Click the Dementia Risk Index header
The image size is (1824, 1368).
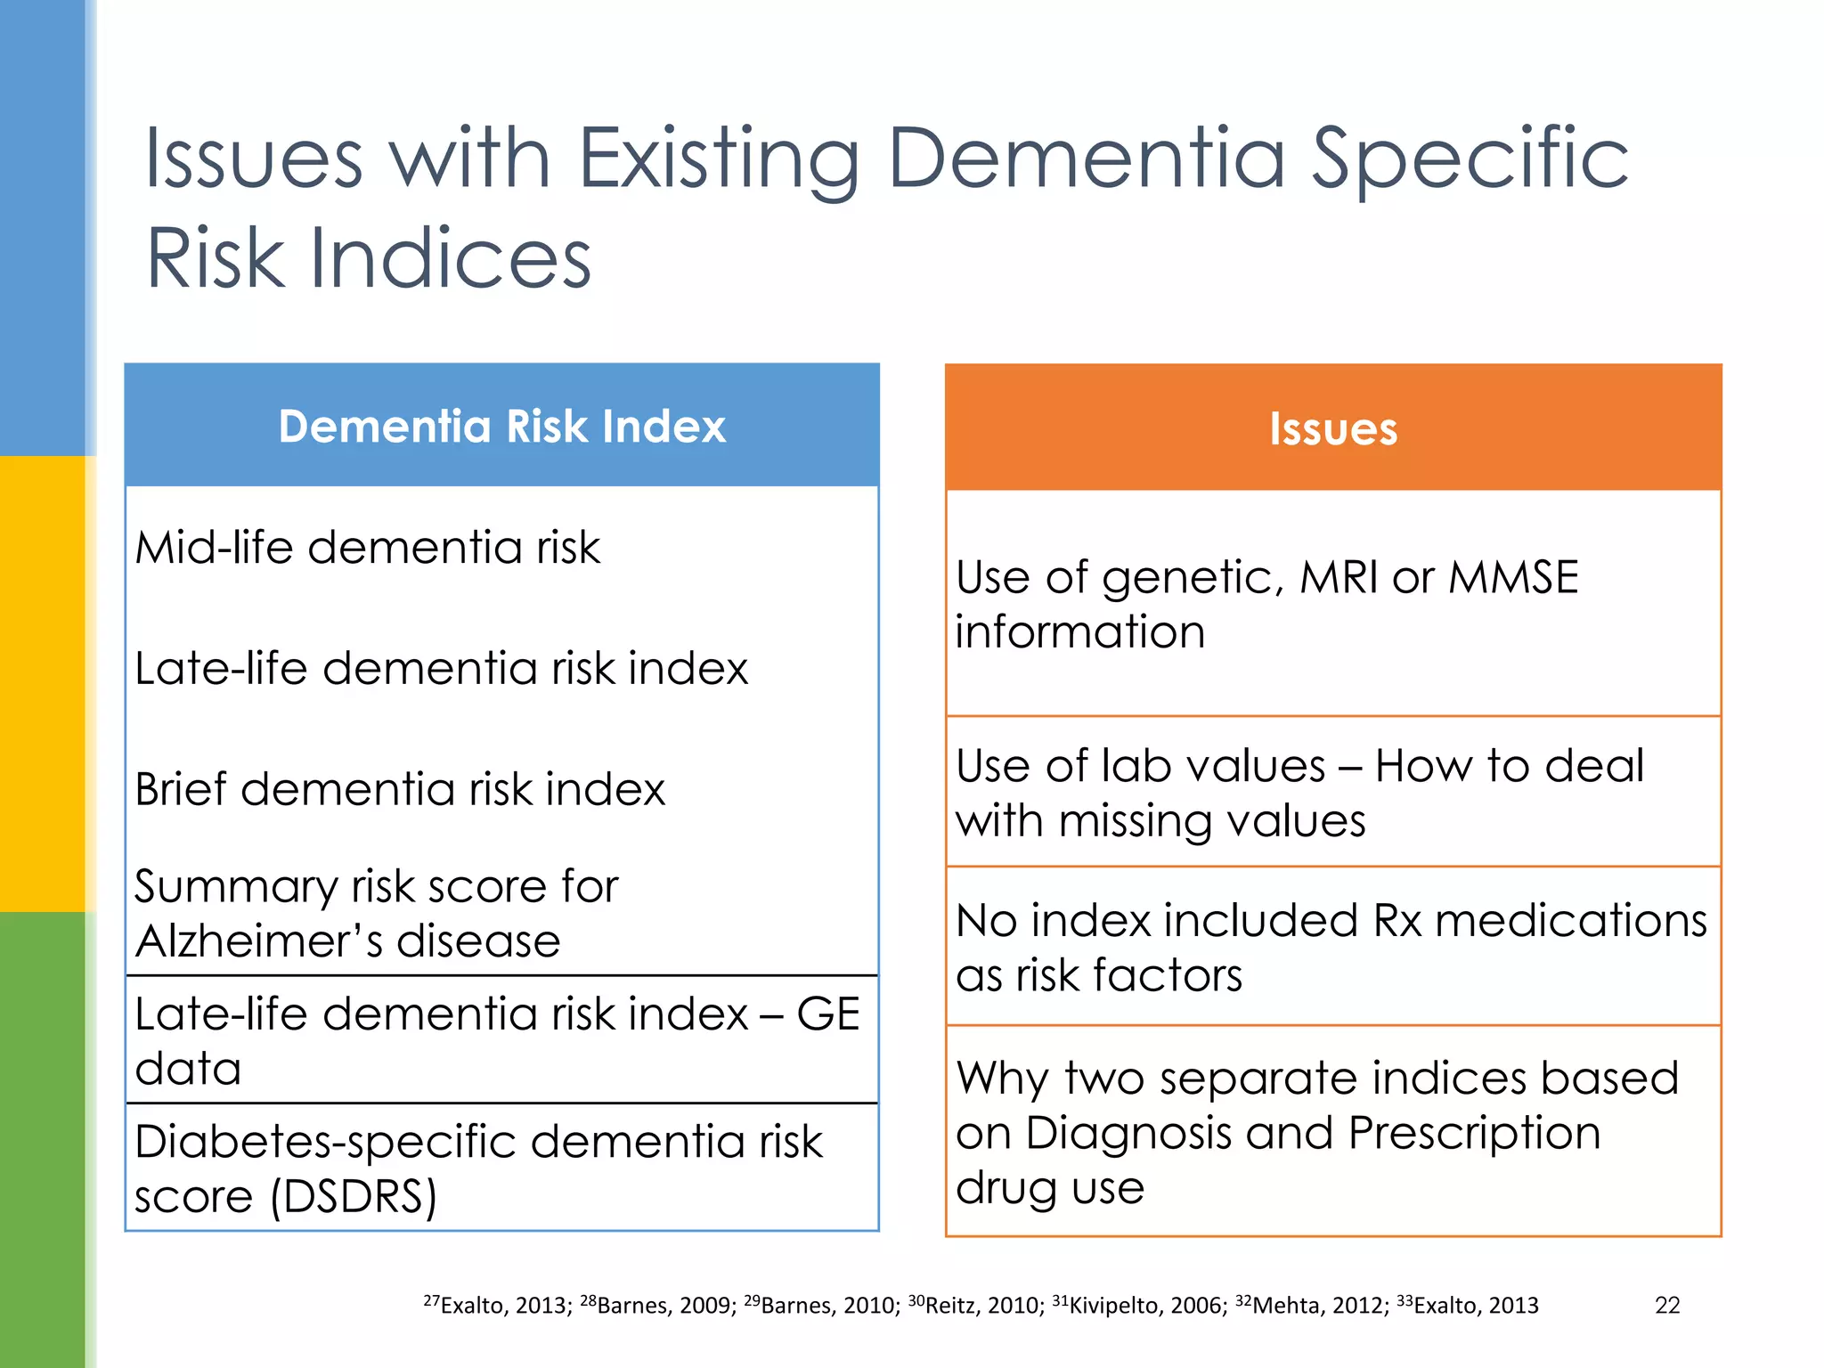tap(501, 426)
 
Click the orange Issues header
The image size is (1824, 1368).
tap(1332, 428)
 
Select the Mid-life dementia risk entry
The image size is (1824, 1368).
tap(367, 547)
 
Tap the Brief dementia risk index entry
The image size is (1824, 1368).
tap(400, 789)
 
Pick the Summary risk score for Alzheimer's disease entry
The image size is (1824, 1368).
tap(376, 913)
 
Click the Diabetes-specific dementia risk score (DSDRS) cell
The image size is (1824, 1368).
tap(478, 1168)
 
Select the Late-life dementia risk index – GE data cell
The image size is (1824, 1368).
tap(497, 1040)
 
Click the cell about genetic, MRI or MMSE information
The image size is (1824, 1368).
tap(1266, 604)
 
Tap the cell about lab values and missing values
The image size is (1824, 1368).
tap(1299, 792)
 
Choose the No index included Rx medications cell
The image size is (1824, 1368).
tap(1331, 947)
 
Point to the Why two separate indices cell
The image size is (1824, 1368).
tap(1317, 1131)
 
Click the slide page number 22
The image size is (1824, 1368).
tap(1666, 1305)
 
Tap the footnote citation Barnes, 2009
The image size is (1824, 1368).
tap(658, 1305)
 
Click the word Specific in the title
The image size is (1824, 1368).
tap(1470, 159)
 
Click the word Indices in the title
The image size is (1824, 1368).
tap(450, 259)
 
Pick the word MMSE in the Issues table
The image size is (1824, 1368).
tap(1513, 577)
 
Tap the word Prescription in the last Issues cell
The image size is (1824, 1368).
tap(1474, 1133)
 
